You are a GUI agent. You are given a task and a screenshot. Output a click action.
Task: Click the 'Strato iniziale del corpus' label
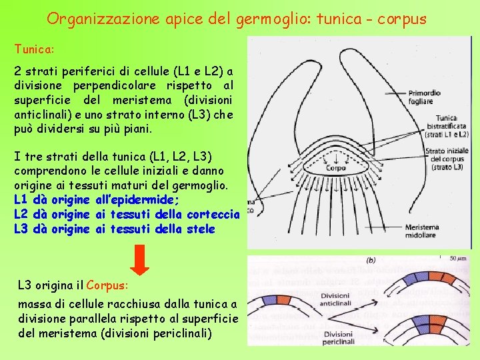tap(447, 159)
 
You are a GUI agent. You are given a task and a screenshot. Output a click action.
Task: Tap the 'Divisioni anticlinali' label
tap(335, 299)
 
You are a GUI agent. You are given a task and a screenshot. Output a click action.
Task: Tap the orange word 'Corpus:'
tap(107, 285)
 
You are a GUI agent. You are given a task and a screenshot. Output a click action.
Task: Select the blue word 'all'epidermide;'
tap(138, 199)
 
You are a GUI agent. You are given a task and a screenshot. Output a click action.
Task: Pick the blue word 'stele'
tap(201, 229)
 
